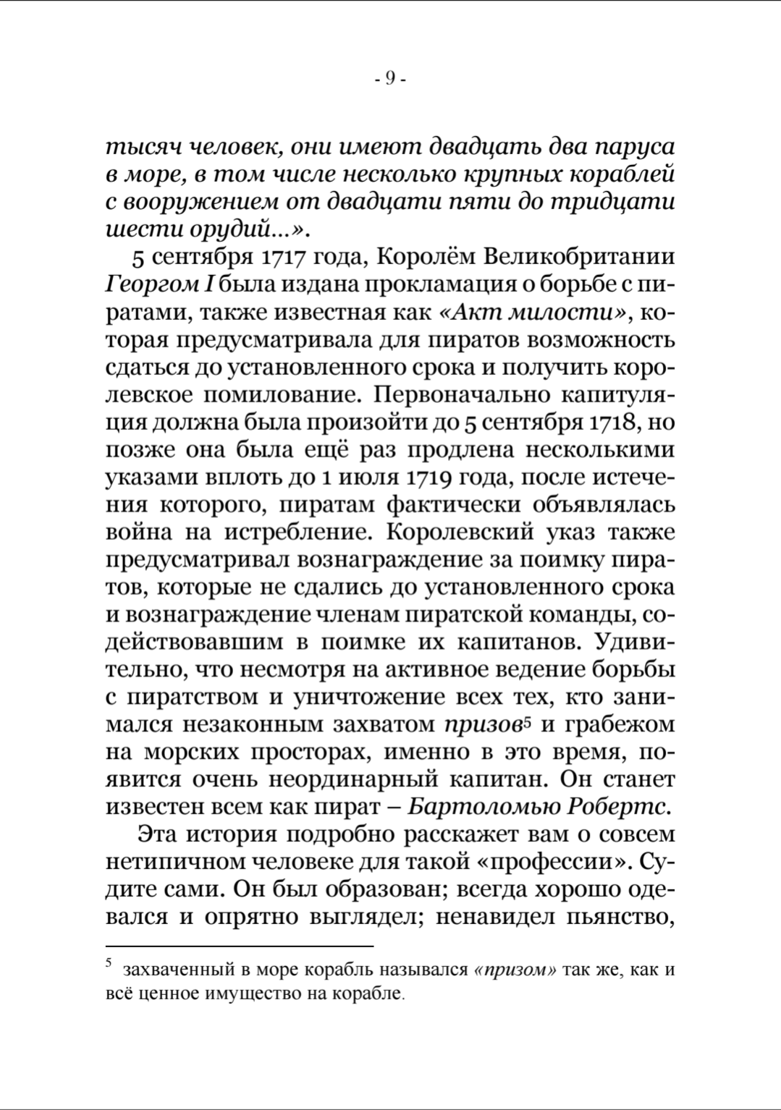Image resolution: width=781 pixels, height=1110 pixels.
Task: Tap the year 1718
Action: pos(613,422)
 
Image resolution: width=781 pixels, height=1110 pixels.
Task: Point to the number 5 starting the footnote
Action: pos(109,963)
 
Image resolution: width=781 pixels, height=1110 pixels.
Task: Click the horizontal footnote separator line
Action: pos(239,946)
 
